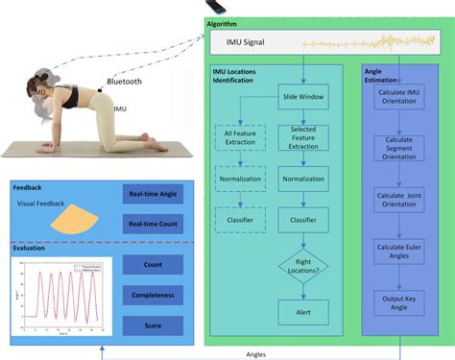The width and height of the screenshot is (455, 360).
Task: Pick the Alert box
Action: pos(303,311)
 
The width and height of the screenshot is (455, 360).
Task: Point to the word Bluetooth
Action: pos(124,83)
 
